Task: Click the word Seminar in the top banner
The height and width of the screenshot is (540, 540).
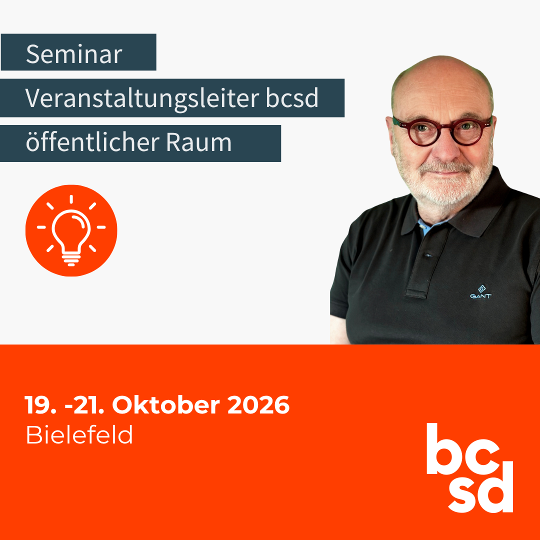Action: point(74,54)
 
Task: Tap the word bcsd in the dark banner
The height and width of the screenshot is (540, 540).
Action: point(292,98)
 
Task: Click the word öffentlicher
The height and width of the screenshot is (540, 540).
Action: point(92,141)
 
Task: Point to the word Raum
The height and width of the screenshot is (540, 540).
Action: point(198,142)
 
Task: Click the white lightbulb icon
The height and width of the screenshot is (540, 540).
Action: point(71,230)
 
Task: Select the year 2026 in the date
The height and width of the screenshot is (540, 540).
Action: point(258,405)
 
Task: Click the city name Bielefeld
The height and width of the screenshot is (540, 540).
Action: point(79,434)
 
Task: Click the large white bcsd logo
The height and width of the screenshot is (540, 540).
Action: point(469,467)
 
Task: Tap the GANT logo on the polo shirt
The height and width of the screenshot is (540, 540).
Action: point(481,292)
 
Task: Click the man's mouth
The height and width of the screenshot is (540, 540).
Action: point(446,173)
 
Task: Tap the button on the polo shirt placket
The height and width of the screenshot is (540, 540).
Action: point(428,255)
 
